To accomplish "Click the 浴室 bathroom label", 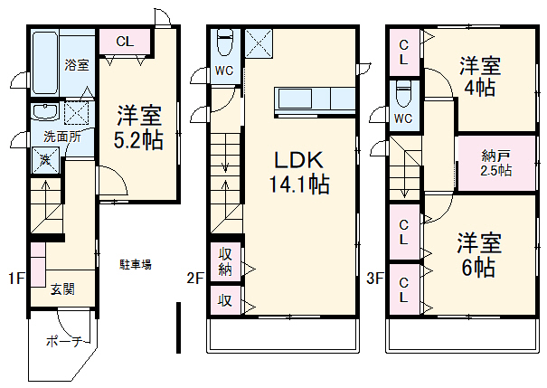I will click(x=77, y=65).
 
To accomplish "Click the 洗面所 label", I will click(x=63, y=137).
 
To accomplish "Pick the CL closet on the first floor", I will click(x=125, y=42).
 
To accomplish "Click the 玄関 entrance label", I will click(x=62, y=289).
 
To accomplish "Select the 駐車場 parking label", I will click(x=136, y=264).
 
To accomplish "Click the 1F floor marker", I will click(x=16, y=279).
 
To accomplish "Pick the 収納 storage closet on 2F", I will click(x=225, y=260).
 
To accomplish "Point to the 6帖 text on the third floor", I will click(x=476, y=267).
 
